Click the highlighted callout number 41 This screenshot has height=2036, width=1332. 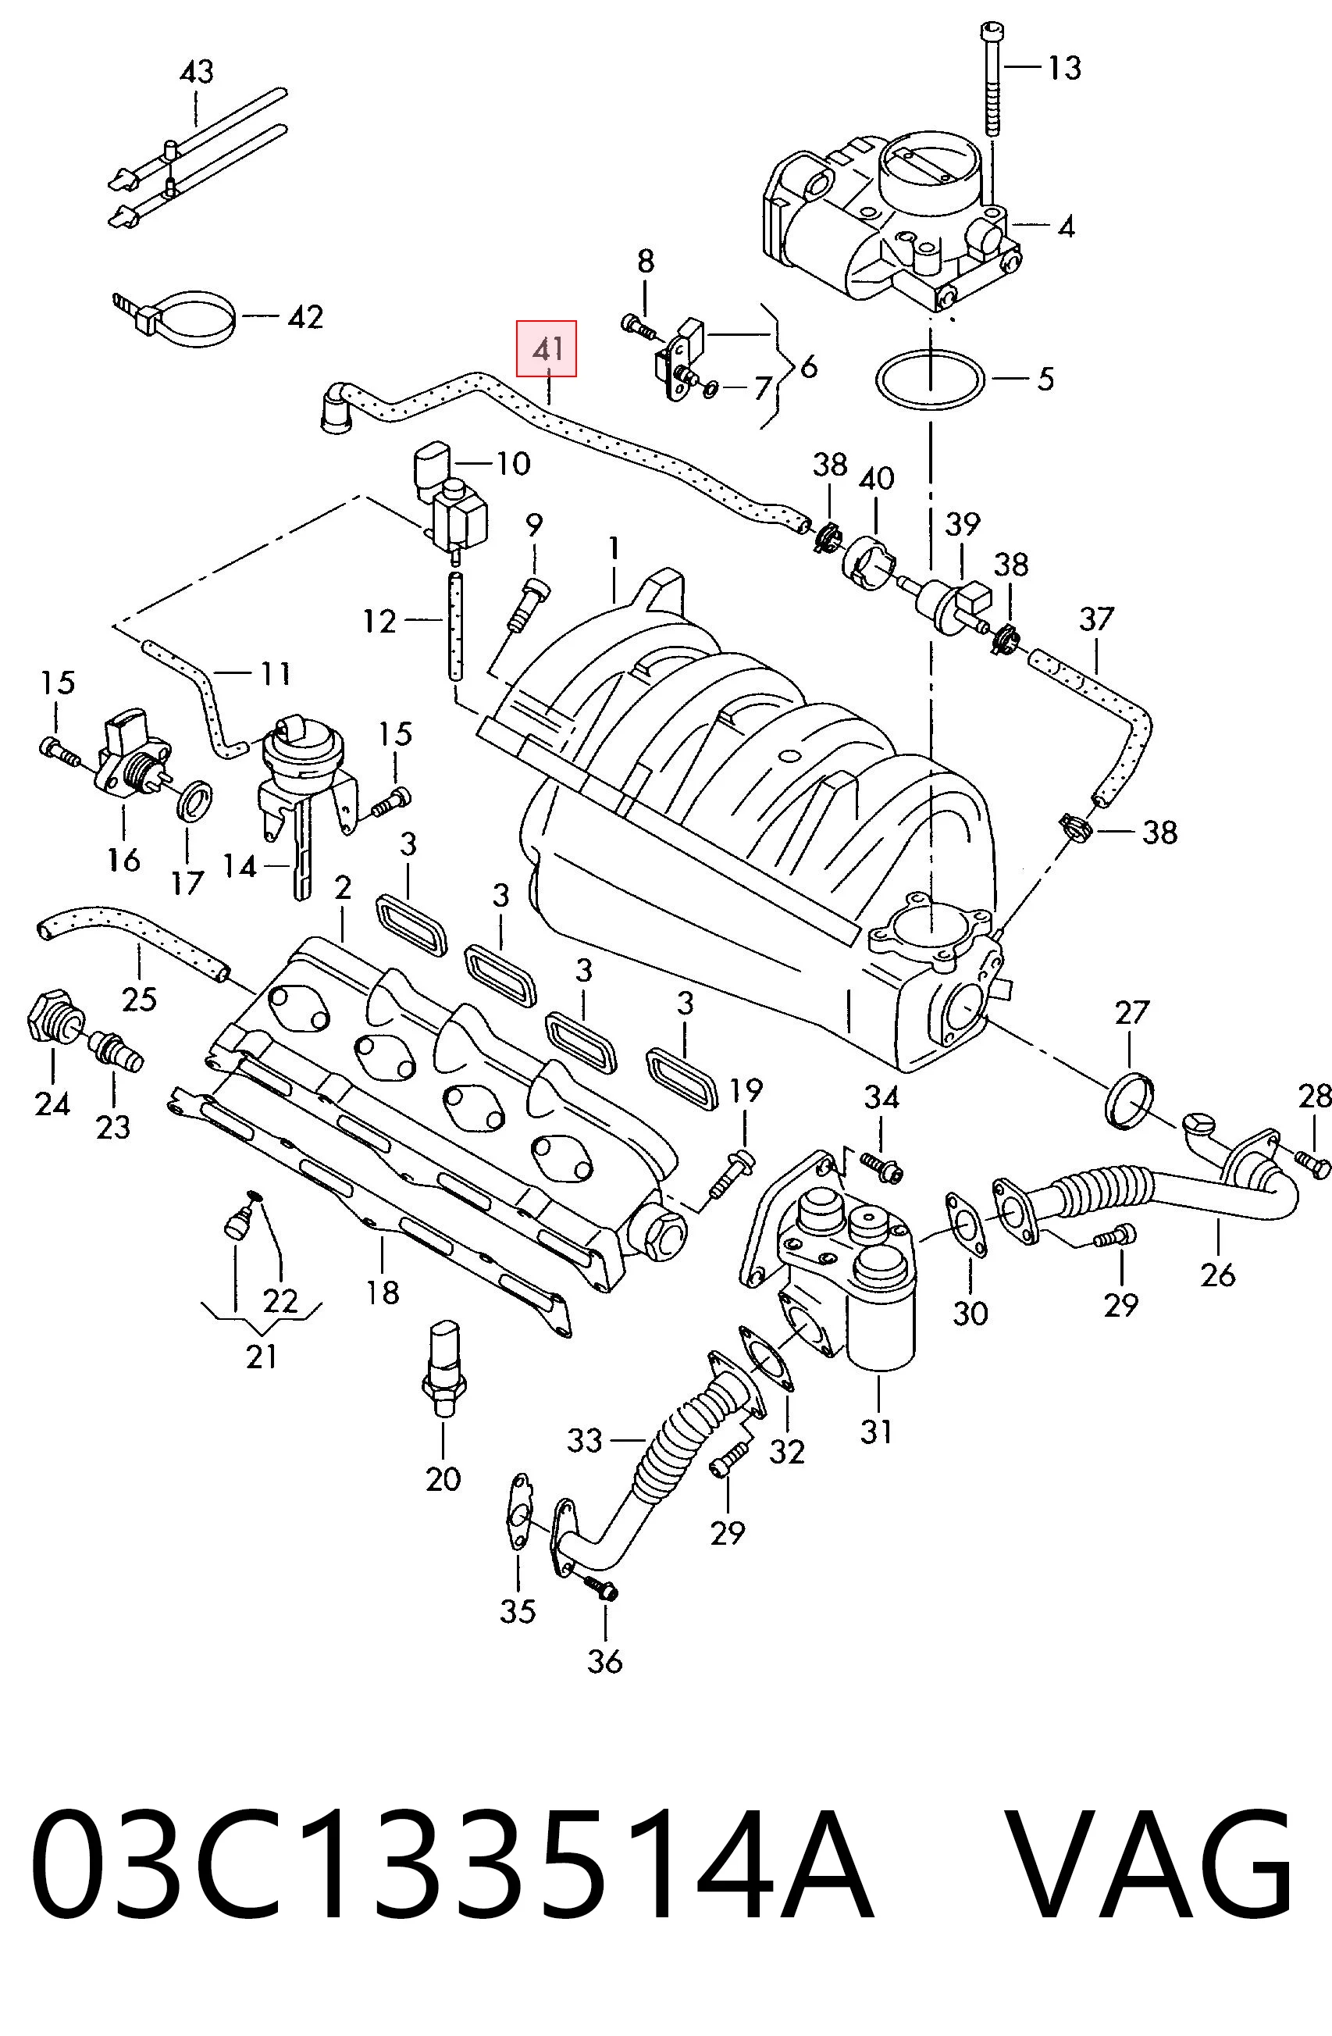(x=547, y=349)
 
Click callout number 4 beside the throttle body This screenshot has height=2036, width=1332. (x=1065, y=226)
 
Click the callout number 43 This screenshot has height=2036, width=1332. (x=196, y=71)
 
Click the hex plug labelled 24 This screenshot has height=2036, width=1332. (x=52, y=1015)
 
